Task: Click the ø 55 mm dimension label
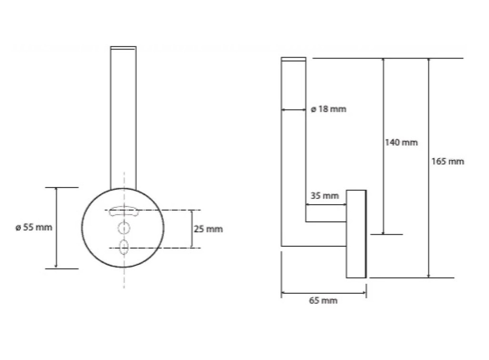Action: pos(34,227)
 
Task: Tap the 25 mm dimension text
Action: pos(208,229)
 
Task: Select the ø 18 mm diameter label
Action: pos(329,109)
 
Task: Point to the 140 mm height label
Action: pos(401,142)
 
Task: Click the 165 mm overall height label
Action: pos(448,161)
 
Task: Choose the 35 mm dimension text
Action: pos(325,196)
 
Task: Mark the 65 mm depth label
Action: pos(323,300)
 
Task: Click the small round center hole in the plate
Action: pos(124,228)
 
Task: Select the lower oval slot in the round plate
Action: pos(124,247)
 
